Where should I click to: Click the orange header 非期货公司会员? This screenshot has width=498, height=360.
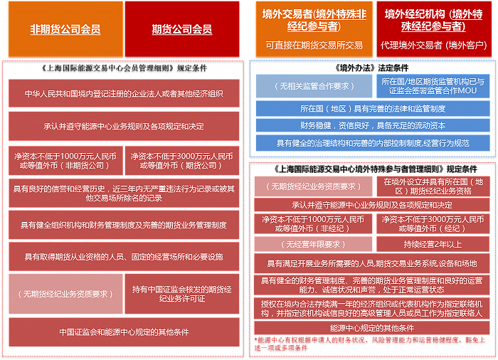click(x=65, y=29)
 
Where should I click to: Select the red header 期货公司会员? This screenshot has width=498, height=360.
click(x=182, y=29)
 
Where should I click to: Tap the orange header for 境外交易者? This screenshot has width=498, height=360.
click(x=314, y=29)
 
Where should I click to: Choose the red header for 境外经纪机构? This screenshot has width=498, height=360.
click(x=433, y=29)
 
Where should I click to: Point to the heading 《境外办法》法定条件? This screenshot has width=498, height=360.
click(x=371, y=68)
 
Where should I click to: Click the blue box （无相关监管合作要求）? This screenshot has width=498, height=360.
click(x=314, y=86)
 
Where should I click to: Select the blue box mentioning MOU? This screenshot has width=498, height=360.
click(x=433, y=86)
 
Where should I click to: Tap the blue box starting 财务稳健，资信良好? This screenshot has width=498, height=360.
click(x=373, y=125)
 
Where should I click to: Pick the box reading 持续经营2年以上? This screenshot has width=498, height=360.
click(x=433, y=244)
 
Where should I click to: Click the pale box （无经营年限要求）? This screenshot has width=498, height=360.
click(x=313, y=244)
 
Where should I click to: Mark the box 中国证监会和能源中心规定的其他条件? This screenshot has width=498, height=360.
click(x=124, y=332)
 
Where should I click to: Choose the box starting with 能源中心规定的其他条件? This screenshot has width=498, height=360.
click(x=372, y=328)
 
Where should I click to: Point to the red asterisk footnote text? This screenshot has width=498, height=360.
click(x=370, y=344)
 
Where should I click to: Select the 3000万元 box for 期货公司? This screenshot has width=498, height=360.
click(x=182, y=161)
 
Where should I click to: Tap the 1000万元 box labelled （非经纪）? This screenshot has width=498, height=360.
click(x=313, y=223)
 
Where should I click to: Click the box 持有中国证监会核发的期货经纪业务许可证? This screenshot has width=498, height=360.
click(x=182, y=294)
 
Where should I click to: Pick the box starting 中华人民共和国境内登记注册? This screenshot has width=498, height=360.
click(x=124, y=93)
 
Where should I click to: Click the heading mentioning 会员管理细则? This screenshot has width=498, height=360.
click(x=124, y=68)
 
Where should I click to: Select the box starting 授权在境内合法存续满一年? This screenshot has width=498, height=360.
click(x=372, y=309)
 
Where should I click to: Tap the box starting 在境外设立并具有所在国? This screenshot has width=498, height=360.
click(x=433, y=186)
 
